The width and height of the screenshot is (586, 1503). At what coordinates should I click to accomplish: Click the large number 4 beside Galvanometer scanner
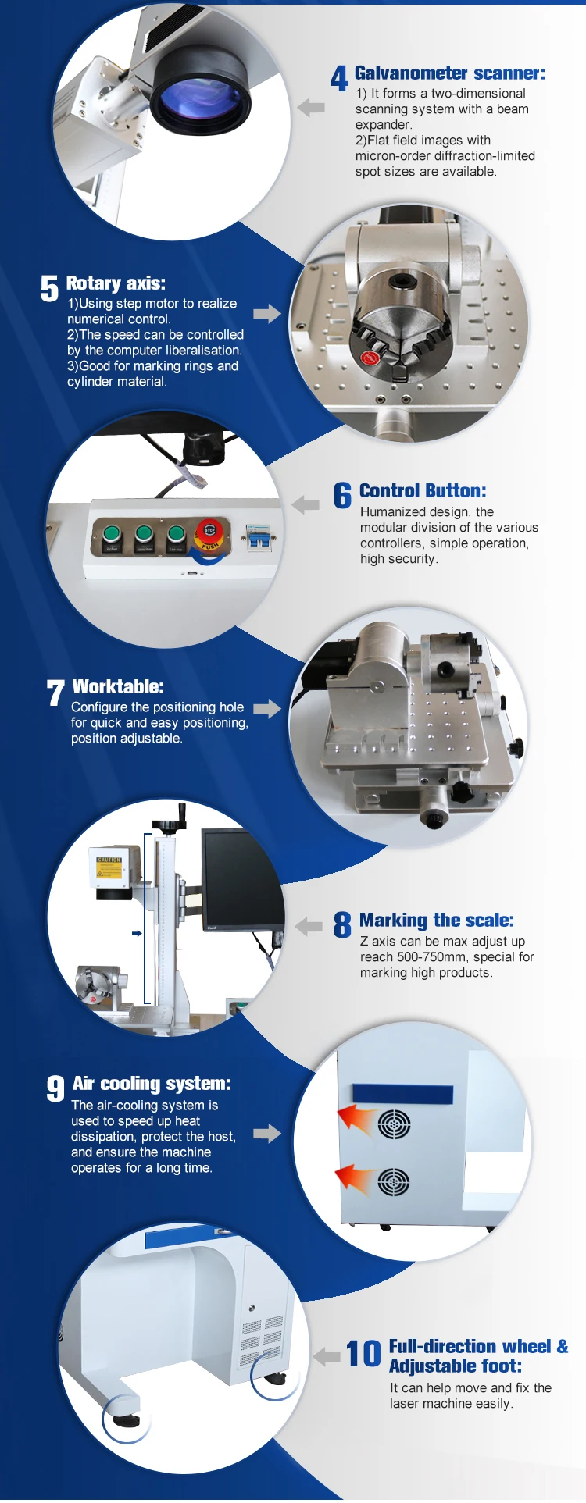(x=339, y=78)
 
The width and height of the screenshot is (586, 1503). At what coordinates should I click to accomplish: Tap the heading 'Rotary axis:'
(x=116, y=283)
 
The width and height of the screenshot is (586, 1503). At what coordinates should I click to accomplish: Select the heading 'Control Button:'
(x=423, y=490)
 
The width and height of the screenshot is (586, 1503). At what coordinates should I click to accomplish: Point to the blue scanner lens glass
(x=202, y=102)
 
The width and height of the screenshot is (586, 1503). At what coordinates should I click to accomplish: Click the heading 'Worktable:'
(x=118, y=686)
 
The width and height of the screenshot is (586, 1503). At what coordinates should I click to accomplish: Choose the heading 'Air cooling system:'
(x=152, y=1084)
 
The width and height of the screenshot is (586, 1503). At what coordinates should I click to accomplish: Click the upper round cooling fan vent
(x=394, y=1124)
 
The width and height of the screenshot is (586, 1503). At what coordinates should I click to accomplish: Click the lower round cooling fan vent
(x=394, y=1182)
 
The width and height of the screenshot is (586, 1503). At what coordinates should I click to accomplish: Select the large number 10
(x=363, y=1354)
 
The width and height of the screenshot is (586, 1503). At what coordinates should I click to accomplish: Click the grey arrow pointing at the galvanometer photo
(x=311, y=108)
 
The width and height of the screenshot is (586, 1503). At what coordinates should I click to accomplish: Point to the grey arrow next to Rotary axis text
(x=266, y=313)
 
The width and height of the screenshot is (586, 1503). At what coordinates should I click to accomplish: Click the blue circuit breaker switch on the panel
(x=259, y=536)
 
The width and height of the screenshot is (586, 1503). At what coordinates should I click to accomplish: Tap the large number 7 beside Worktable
(x=55, y=692)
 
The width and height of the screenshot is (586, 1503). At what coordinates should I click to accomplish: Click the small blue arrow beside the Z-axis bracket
(x=137, y=933)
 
